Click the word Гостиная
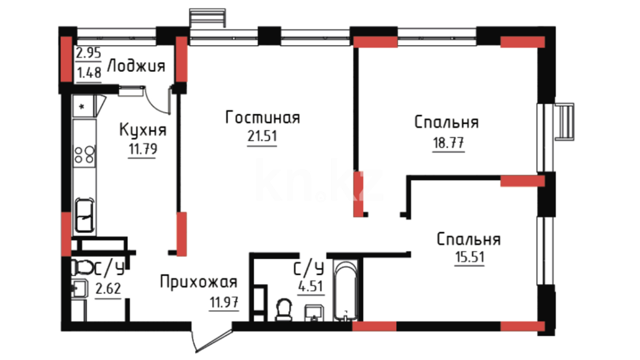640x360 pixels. [263, 117]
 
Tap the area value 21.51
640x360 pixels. [262, 136]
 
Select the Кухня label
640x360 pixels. [143, 130]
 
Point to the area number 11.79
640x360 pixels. [143, 149]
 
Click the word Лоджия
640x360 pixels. [136, 66]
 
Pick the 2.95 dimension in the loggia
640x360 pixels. [88, 53]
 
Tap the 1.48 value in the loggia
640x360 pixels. [89, 73]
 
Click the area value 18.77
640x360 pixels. [448, 143]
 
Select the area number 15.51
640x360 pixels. [470, 257]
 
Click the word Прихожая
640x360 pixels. [199, 282]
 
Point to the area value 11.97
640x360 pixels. [224, 302]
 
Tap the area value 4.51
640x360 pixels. [310, 286]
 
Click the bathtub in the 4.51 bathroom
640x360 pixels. [346, 291]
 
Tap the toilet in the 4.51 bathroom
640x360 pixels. [284, 310]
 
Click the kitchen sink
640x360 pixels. [84, 215]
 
